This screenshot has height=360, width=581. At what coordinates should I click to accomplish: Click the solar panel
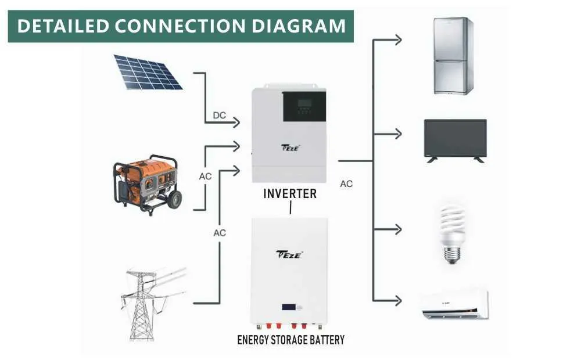(x=147, y=72)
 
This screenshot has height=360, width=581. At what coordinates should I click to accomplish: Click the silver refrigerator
(x=453, y=56)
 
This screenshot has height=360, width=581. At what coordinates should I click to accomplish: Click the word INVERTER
(x=290, y=194)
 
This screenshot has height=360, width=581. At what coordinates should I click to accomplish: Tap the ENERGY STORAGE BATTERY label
(x=290, y=340)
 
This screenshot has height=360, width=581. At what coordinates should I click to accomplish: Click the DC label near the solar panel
(x=219, y=116)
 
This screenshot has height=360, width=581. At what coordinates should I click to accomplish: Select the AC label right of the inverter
(x=346, y=184)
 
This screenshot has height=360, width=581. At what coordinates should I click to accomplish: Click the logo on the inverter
(x=289, y=148)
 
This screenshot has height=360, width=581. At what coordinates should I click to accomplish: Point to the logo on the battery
(x=289, y=254)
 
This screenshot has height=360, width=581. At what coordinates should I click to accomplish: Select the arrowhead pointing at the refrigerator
(x=398, y=40)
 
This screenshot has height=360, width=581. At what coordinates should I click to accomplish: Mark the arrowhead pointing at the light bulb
(x=398, y=229)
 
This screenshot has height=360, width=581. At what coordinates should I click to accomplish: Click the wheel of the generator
(x=173, y=199)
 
